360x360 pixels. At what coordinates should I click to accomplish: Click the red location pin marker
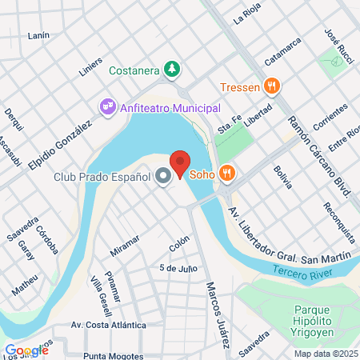point(180,162)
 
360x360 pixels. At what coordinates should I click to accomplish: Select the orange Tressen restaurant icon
point(273,86)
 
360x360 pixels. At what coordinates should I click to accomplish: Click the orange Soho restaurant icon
point(228,171)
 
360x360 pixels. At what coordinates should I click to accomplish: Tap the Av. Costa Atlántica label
point(108,326)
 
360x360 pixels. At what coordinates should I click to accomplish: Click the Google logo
point(26,350)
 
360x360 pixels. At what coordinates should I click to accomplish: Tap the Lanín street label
point(38,36)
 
